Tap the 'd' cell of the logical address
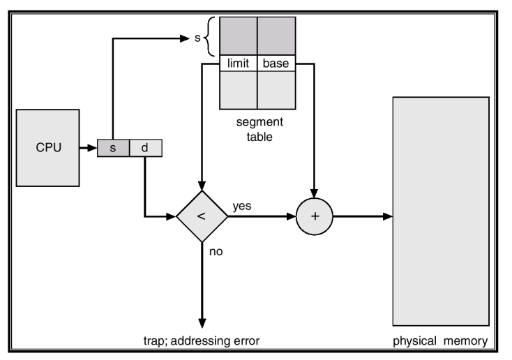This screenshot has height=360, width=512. coord(144,148)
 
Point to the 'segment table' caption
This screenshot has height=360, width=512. coord(258,130)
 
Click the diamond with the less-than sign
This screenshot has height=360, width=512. coord(202,216)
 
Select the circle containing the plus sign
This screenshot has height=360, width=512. coord(315,216)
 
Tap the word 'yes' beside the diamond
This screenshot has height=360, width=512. coord(242,207)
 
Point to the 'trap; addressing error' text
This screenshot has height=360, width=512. coord(202,340)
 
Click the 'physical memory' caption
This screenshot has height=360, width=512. coord(440,340)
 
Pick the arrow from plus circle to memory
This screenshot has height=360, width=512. coord(362,216)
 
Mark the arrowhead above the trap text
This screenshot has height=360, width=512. coord(202,322)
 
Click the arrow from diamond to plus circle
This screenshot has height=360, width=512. coord(262,216)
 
